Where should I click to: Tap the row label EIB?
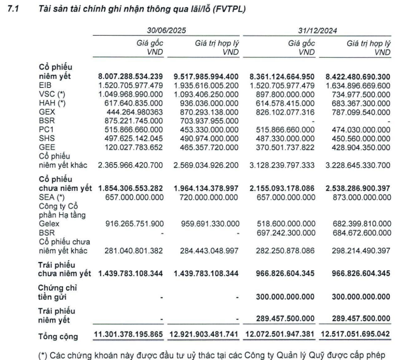(46, 85)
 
